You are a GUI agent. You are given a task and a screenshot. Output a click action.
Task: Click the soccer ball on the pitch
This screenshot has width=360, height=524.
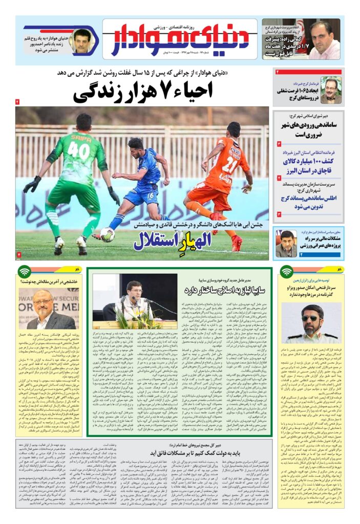107,234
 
